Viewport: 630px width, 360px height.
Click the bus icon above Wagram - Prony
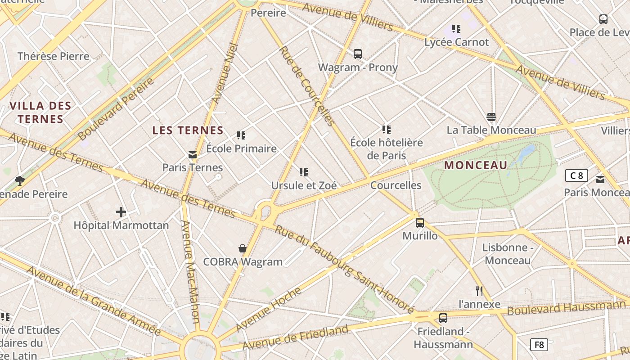click(x=358, y=54)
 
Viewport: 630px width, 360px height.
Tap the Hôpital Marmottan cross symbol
click(x=121, y=211)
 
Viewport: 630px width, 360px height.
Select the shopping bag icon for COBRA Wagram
click(x=243, y=248)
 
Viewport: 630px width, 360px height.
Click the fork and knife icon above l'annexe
click(x=479, y=291)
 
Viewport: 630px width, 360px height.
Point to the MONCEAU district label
click(x=476, y=165)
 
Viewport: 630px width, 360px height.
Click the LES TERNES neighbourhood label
click(x=188, y=130)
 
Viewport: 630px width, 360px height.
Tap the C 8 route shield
click(x=576, y=175)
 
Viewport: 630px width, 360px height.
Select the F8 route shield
click(x=539, y=345)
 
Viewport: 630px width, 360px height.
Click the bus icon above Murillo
click(x=420, y=222)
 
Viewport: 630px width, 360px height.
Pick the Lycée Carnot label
click(x=456, y=42)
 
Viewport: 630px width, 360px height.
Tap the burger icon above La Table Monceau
click(x=491, y=117)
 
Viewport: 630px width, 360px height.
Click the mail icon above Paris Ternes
click(x=193, y=155)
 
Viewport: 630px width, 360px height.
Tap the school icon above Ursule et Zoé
click(x=304, y=172)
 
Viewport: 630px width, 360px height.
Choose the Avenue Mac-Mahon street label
click(x=190, y=272)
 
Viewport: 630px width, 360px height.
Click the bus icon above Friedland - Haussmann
click(x=443, y=318)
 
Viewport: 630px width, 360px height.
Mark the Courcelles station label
click(x=396, y=185)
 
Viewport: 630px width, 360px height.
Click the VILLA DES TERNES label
click(x=40, y=112)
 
